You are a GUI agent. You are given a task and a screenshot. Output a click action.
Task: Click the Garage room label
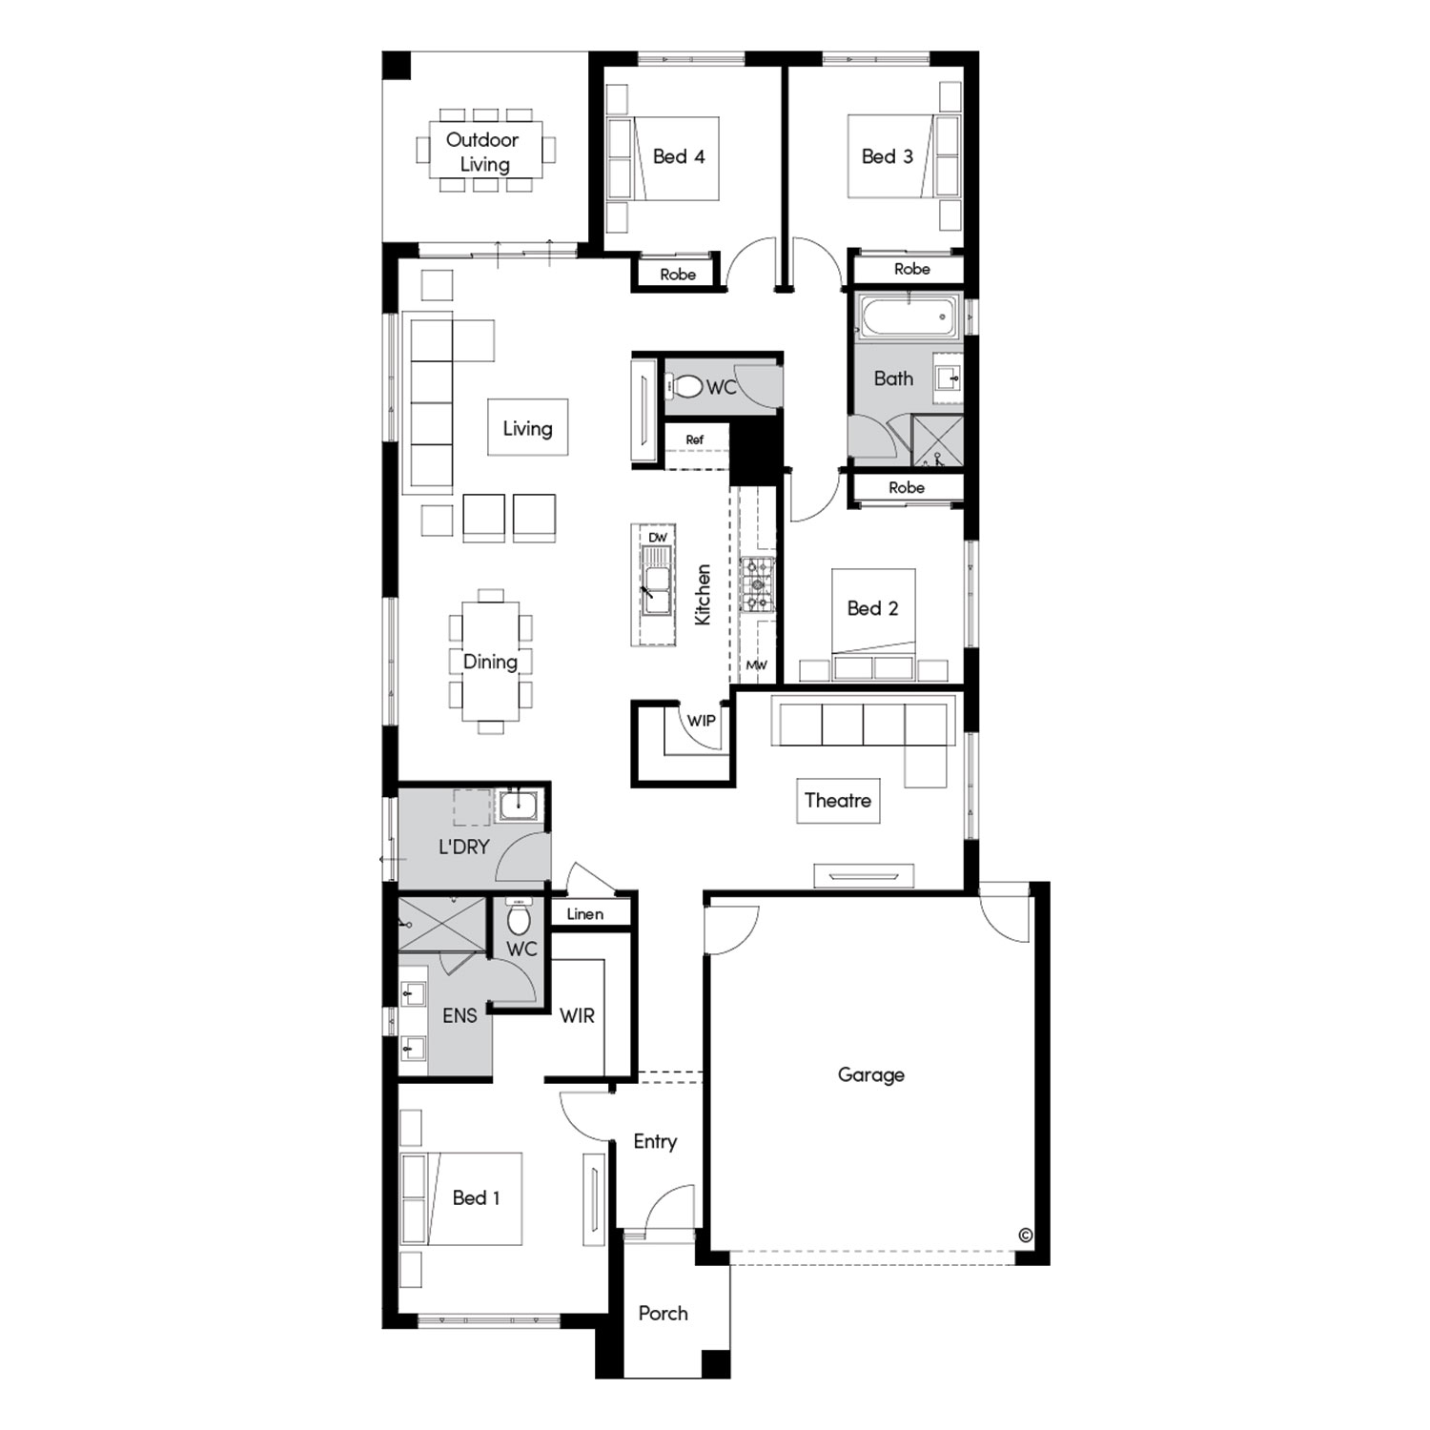[870, 1075]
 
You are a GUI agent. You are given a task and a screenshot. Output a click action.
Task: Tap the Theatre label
[838, 800]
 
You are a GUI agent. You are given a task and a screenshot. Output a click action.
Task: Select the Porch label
[663, 1314]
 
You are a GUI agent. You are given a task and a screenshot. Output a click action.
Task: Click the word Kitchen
[703, 595]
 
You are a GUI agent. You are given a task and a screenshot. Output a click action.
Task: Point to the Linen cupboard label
[584, 913]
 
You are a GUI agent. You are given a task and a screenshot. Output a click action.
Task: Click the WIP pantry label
[701, 721]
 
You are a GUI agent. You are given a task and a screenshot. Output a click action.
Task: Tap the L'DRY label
[464, 847]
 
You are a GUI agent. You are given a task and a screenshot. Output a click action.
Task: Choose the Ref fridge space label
[695, 439]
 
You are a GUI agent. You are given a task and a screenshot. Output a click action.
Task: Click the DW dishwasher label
[658, 538]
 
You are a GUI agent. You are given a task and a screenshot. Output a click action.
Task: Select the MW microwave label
[756, 665]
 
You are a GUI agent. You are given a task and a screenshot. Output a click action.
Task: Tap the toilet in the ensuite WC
[520, 918]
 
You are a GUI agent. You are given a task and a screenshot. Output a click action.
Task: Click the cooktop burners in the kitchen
[758, 583]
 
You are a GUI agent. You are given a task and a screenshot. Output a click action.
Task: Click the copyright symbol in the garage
[1026, 1235]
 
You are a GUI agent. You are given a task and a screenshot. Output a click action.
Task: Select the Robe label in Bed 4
[678, 275]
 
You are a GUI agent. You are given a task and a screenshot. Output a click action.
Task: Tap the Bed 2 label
[872, 608]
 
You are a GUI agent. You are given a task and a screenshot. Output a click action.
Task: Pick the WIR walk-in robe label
[577, 1015]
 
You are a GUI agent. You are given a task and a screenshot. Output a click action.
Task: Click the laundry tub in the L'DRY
[518, 807]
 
